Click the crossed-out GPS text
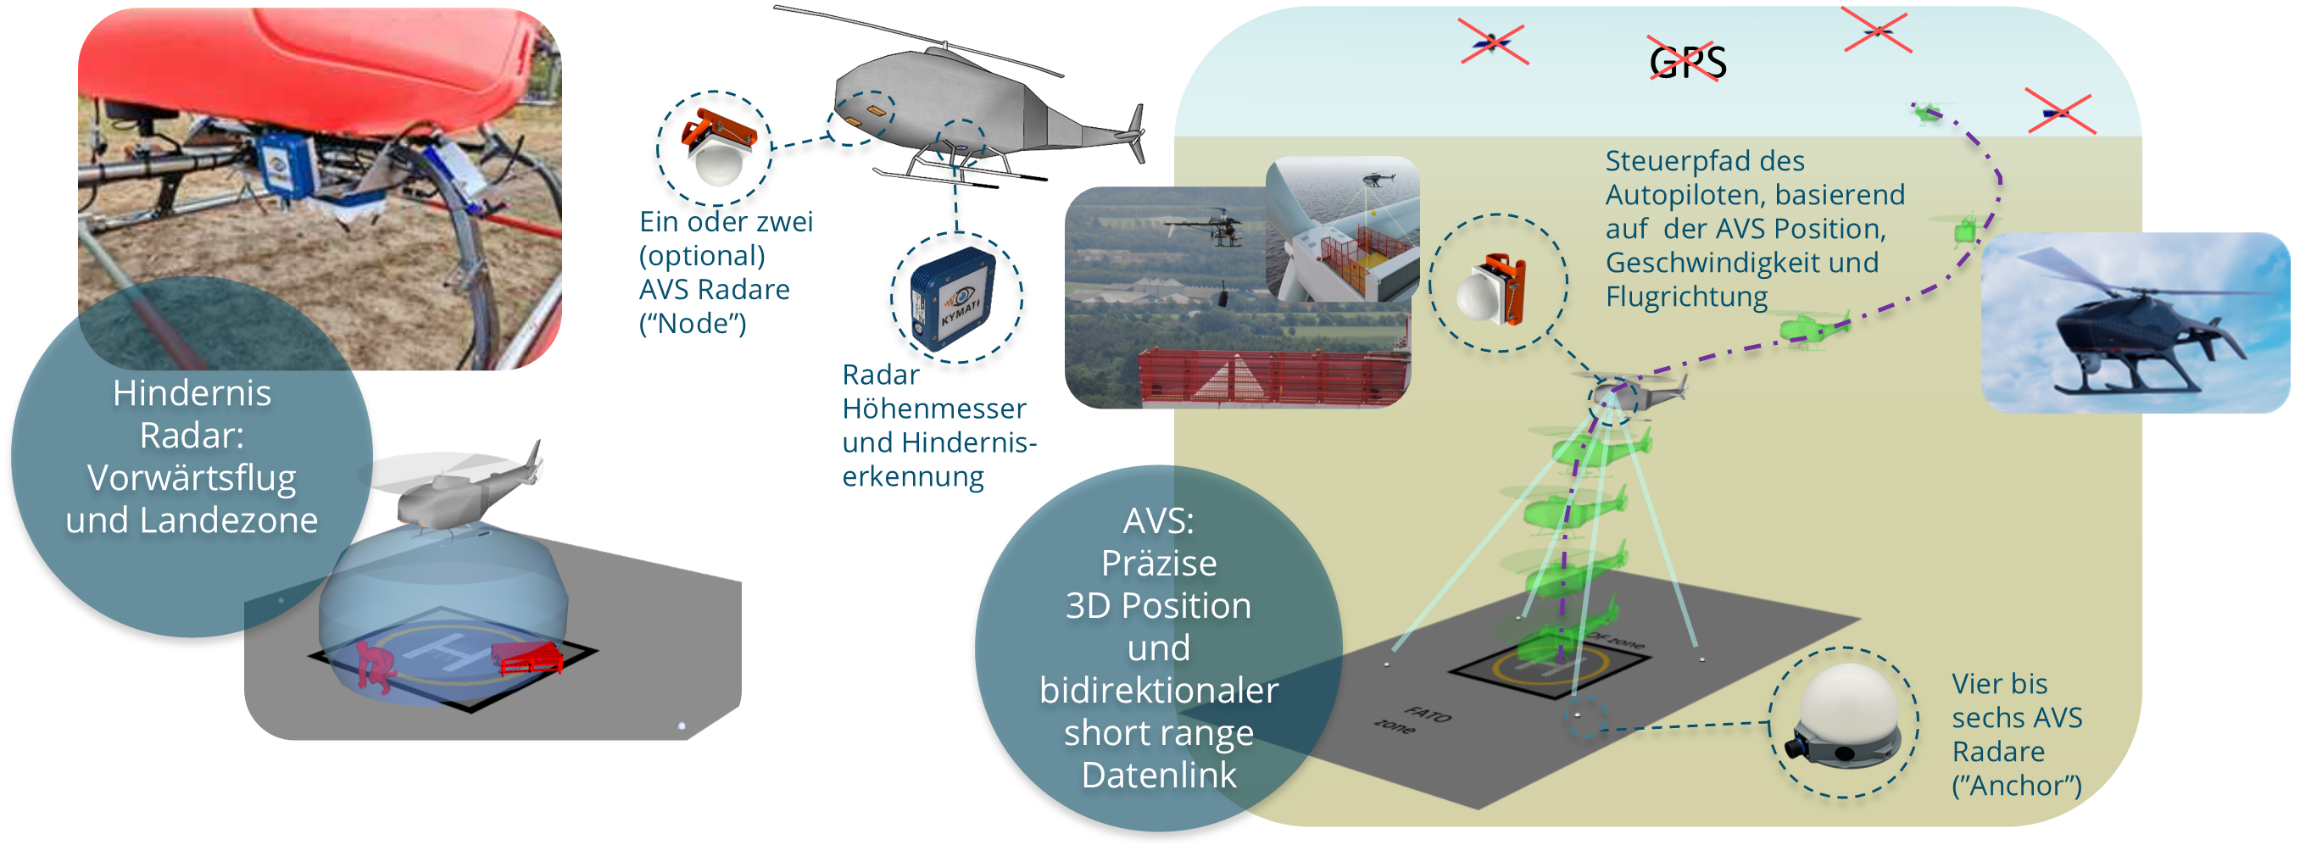coord(1685,62)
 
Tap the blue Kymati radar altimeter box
coord(954,300)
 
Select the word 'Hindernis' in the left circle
coord(192,393)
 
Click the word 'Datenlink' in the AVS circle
coord(1158,775)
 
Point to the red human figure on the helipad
coord(374,665)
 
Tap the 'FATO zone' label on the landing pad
coord(1415,720)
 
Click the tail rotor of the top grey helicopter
coord(1138,134)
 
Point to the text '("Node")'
coord(693,323)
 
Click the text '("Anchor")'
coord(2016,785)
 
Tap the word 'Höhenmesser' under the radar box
coord(934,409)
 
